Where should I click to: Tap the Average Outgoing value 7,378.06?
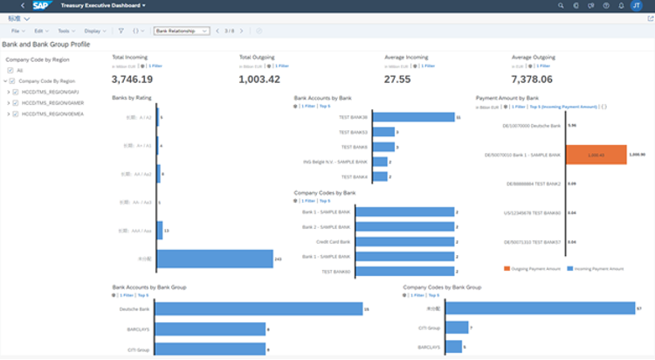pos(537,79)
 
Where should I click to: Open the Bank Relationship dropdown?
pos(182,31)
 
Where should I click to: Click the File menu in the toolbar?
pos(17,31)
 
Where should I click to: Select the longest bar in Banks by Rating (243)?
pos(215,260)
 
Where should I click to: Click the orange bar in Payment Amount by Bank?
pos(596,155)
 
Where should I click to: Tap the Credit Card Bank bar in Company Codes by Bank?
pos(405,241)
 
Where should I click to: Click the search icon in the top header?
pos(560,5)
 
